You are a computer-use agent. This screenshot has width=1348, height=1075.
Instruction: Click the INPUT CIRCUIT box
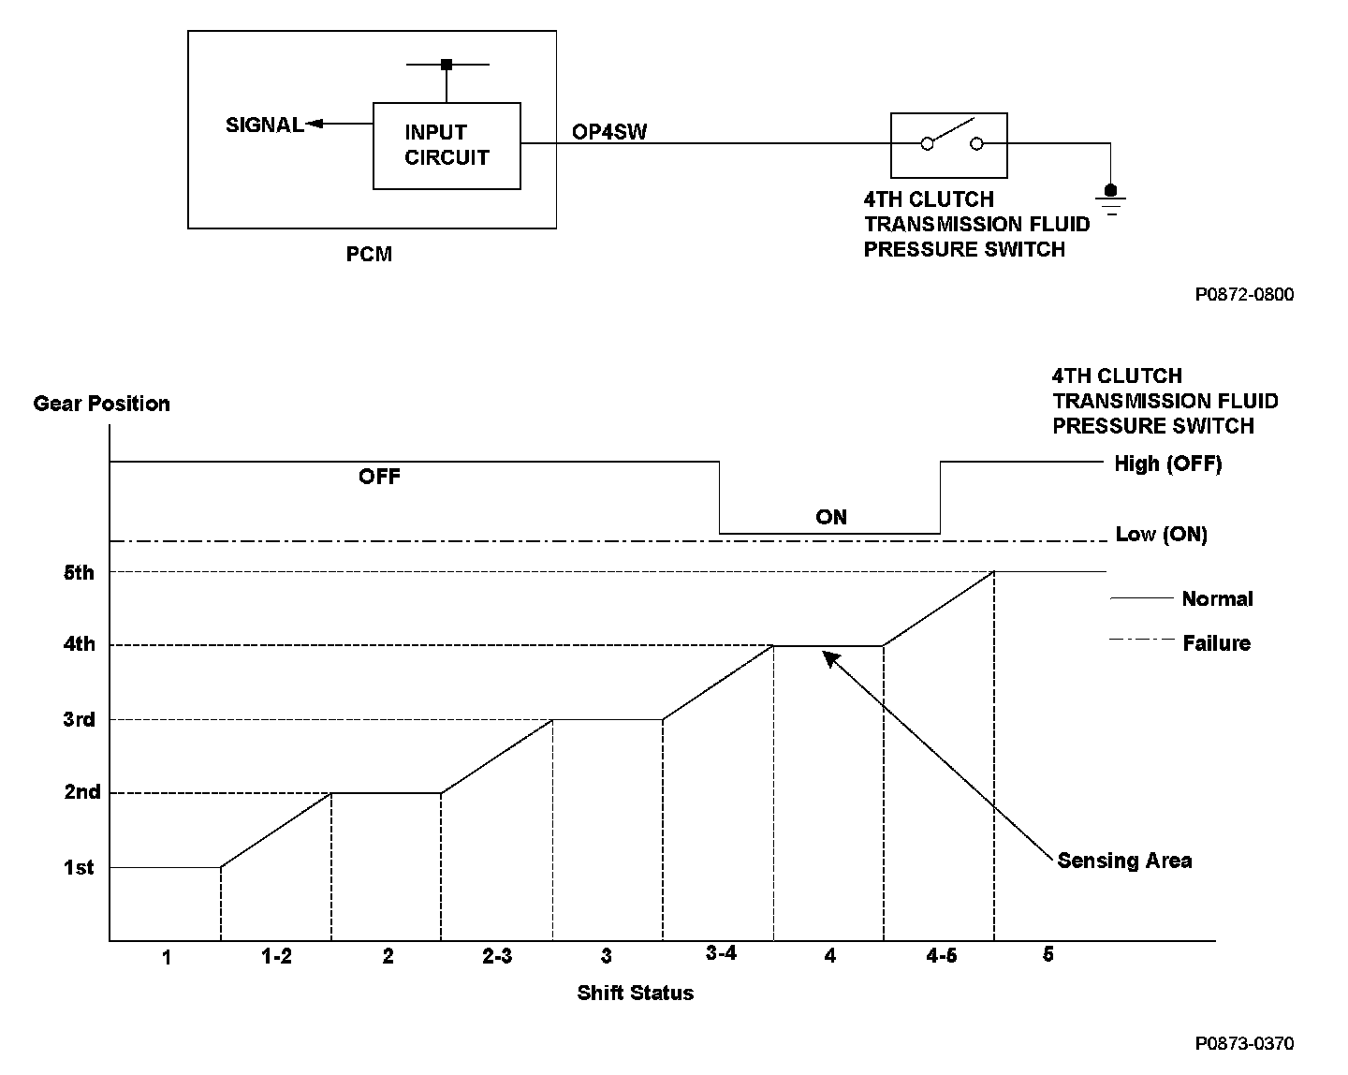click(x=447, y=145)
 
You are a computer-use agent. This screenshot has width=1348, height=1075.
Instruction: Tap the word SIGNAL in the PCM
click(x=265, y=125)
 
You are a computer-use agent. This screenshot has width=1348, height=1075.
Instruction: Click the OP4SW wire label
click(x=609, y=131)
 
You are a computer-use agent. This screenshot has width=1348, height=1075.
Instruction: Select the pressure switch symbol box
click(x=948, y=145)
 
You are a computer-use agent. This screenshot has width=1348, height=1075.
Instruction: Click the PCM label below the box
click(x=369, y=254)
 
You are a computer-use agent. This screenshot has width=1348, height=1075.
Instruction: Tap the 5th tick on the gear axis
click(x=79, y=572)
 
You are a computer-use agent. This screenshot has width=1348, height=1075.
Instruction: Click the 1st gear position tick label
click(x=79, y=868)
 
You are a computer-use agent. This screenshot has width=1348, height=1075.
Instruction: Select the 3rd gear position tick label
click(x=79, y=719)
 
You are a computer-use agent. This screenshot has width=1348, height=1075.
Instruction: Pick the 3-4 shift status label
click(x=721, y=953)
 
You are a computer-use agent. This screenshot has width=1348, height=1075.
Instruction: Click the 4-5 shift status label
click(x=941, y=955)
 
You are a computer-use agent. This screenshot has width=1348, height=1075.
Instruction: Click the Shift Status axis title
click(x=635, y=993)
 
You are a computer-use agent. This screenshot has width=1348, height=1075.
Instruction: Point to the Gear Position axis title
click(x=101, y=404)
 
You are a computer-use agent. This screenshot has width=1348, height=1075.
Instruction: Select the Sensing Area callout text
click(x=1124, y=861)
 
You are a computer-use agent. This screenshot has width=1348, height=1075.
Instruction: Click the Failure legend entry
click(x=1216, y=643)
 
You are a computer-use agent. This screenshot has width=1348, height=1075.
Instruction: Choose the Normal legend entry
click(x=1217, y=599)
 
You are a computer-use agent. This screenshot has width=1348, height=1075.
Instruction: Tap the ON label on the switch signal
click(x=830, y=517)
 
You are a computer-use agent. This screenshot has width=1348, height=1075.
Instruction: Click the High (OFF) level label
click(x=1167, y=464)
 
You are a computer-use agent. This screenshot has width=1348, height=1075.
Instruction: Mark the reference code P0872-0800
click(x=1244, y=295)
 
